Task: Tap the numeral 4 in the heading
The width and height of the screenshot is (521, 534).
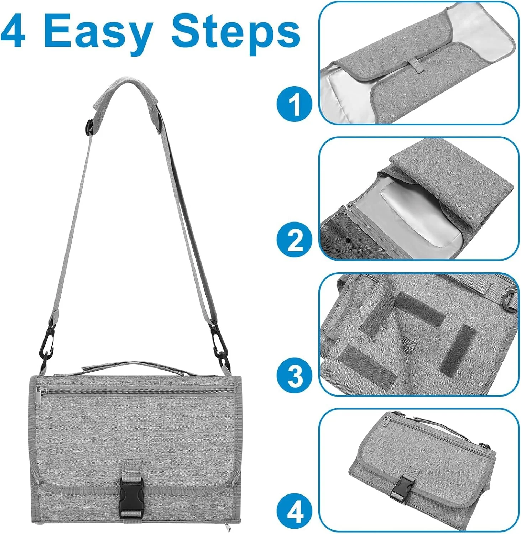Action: tap(14, 31)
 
